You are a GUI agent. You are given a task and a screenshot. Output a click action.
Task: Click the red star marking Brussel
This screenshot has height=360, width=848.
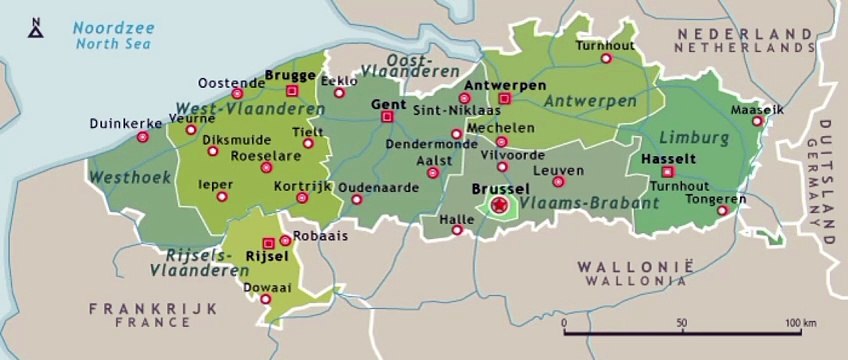[x=499, y=204]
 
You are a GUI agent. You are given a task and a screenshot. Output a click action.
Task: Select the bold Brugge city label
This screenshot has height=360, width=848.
[x=290, y=75]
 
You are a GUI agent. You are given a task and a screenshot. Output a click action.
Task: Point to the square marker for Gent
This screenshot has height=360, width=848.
[x=387, y=117]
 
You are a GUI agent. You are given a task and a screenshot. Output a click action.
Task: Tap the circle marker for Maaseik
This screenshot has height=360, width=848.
[x=757, y=123]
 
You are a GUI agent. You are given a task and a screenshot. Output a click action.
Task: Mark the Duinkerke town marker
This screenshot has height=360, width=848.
[x=143, y=137]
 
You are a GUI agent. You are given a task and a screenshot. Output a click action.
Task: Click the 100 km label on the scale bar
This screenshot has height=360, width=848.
[x=801, y=324]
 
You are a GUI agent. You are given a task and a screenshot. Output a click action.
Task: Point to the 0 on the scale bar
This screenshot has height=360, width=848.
[x=565, y=324]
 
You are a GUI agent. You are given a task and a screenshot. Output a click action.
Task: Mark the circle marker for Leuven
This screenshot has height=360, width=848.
[x=558, y=181]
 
